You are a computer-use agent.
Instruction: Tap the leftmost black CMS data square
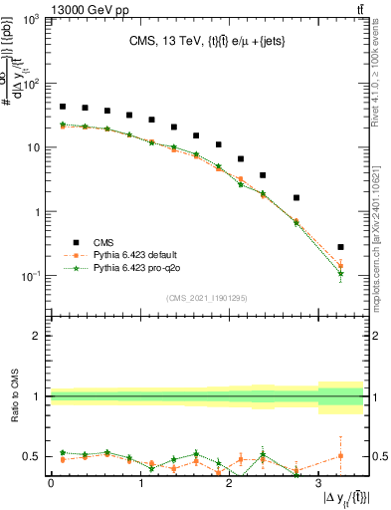coord(63,107)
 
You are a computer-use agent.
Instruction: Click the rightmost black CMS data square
coord(340,247)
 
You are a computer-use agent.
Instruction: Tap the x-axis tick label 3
coord(318,483)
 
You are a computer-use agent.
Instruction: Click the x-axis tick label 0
coord(51,483)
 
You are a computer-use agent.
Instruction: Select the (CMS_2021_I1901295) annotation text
coord(206,298)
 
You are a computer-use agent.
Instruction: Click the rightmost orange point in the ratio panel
coord(340,455)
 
